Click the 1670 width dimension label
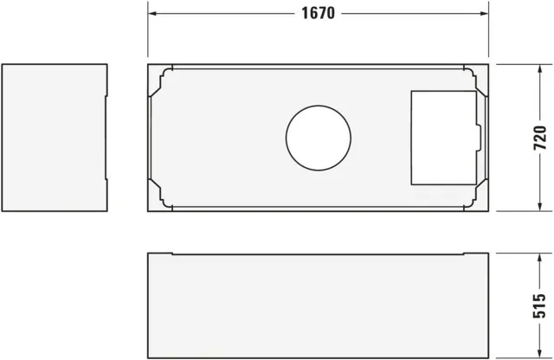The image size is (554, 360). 318,14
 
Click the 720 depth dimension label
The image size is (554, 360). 539,138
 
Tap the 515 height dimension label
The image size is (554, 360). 539,305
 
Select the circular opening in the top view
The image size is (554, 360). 319,138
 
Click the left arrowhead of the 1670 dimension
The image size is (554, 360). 152,14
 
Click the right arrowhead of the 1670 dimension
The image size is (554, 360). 485,14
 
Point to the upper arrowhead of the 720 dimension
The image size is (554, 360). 539,68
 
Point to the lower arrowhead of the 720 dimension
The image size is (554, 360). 539,207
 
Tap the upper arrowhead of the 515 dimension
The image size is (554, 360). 539,258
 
